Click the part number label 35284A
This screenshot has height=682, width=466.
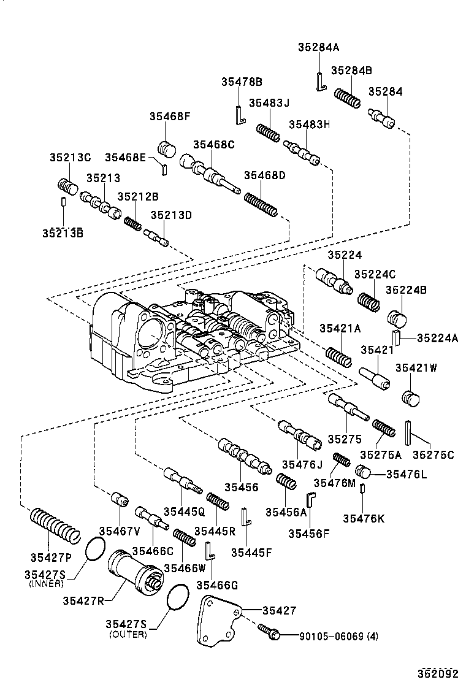click(318, 47)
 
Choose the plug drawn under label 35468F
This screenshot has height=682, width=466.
click(166, 149)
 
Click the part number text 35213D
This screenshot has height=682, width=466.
click(172, 215)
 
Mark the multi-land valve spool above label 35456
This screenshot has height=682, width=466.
click(244, 458)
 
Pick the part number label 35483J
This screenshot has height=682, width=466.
click(269, 102)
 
